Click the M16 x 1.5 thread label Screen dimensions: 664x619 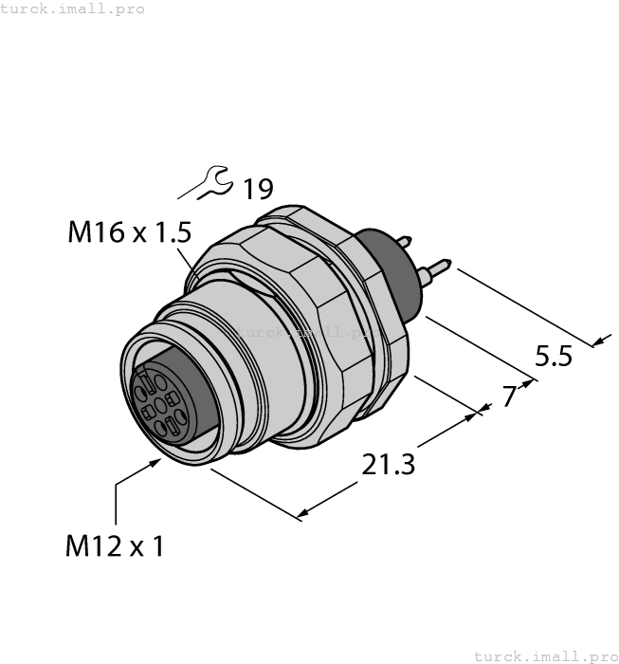pos(130,232)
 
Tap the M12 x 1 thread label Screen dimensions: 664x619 pos(114,546)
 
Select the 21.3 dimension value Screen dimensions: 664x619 pos(389,465)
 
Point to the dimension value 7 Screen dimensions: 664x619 pos(509,396)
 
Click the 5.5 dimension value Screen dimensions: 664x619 pos(554,357)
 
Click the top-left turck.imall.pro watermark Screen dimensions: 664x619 pos(73,9)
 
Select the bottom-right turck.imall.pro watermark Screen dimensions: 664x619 pos(545,655)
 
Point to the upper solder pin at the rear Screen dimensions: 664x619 pos(409,241)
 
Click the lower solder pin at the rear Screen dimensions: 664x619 pos(438,269)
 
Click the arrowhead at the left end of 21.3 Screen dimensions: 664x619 pos(302,516)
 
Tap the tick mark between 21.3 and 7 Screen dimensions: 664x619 pos(480,410)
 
